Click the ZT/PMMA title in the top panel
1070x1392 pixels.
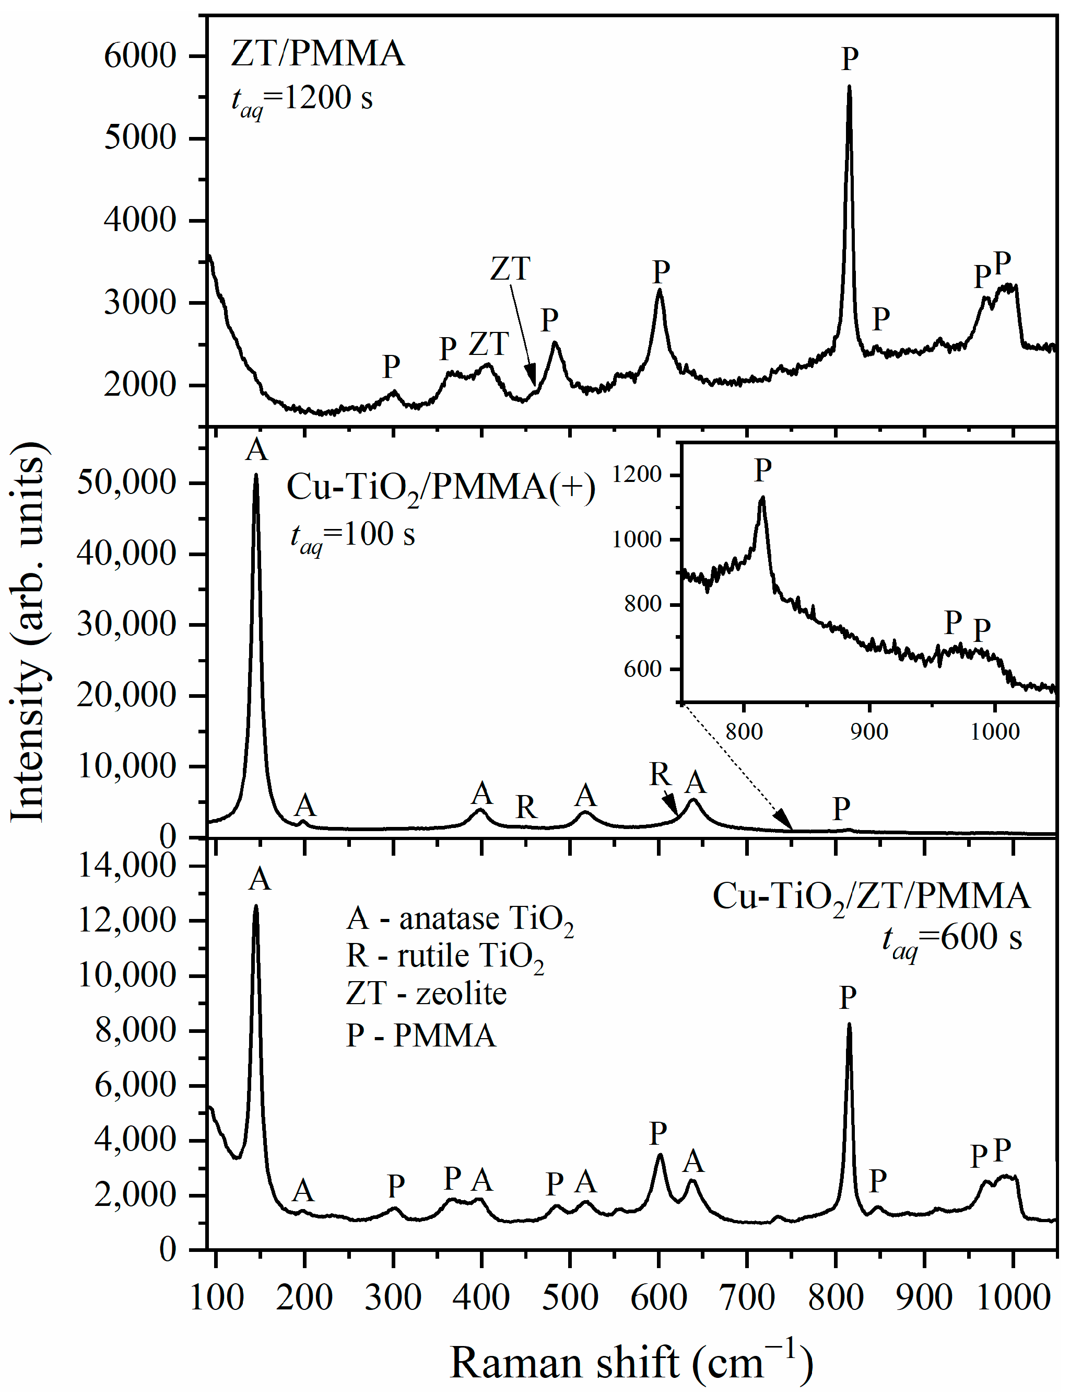coord(317,53)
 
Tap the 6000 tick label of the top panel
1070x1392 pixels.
coord(139,56)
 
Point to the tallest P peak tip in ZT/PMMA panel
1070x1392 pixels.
coord(849,87)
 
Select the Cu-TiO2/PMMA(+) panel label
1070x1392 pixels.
coord(441,489)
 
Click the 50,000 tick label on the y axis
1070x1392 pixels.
coord(126,482)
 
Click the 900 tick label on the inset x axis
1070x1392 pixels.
coord(870,731)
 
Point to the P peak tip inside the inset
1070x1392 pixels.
coord(762,498)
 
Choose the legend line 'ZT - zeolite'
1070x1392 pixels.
coord(426,994)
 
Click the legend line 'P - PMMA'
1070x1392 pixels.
coord(420,1035)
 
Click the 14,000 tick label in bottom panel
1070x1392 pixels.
coord(126,866)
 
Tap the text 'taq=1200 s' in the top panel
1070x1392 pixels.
coord(302,100)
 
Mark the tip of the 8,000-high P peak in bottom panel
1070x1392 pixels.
coord(849,1024)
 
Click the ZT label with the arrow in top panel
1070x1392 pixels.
coord(510,269)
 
